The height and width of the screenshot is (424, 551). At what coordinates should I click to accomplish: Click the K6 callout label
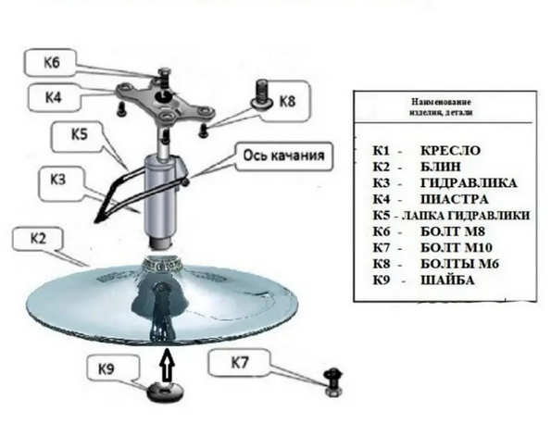51,63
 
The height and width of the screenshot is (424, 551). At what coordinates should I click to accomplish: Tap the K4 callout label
54,96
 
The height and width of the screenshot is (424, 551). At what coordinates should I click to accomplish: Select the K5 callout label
79,134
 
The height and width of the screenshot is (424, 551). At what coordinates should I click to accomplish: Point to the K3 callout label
58,180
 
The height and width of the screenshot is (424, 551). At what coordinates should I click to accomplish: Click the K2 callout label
38,239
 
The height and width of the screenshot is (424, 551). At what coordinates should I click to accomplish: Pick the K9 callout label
106,369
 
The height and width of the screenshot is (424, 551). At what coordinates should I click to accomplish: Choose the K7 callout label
240,363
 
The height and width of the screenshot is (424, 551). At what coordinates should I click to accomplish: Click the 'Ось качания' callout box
283,156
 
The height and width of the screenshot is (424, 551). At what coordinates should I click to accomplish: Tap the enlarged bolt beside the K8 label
262,94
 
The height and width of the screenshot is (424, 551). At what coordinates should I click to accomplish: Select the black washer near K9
165,392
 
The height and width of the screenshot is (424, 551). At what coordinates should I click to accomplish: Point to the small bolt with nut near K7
332,382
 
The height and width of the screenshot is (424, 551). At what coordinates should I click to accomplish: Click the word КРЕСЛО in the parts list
450,151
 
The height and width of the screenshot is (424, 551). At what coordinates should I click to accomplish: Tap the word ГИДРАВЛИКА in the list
469,183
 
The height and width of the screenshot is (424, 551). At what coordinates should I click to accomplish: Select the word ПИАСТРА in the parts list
455,199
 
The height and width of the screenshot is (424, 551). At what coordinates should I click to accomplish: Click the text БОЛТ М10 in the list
457,248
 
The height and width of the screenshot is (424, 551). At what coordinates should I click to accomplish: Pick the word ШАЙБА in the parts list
447,281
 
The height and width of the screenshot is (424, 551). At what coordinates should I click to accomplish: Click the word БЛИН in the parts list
441,167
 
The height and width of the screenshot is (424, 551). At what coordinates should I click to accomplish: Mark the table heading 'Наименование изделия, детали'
442,107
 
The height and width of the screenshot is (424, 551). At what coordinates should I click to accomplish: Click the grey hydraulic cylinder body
161,196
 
